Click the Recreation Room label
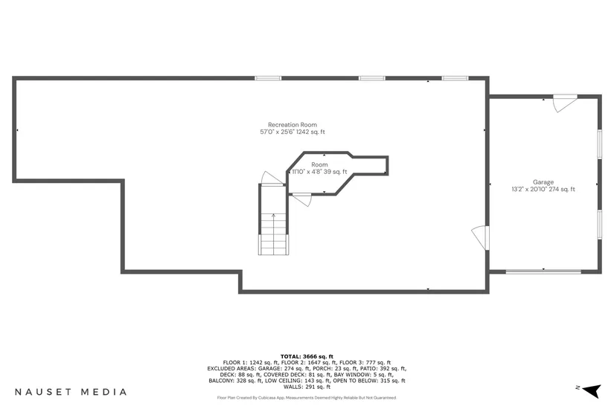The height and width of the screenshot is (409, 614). [292, 124]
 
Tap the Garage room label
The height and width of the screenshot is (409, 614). [543, 182]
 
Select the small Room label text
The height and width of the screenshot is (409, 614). [319, 164]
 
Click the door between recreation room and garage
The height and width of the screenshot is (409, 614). [480, 237]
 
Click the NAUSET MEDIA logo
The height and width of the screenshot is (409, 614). [71, 391]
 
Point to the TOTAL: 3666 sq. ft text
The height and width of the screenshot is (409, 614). [307, 356]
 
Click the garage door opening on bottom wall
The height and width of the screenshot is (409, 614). [543, 271]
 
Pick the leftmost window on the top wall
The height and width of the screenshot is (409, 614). [268, 77]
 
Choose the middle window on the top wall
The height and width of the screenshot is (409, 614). [371, 77]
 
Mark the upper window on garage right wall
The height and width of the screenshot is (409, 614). [599, 144]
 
